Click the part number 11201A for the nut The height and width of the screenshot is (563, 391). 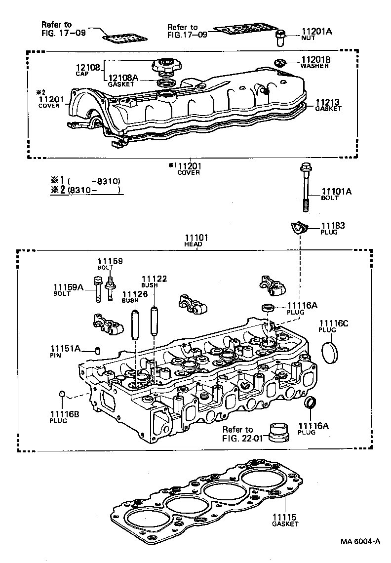click(316, 32)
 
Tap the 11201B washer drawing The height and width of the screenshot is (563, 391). click(280, 62)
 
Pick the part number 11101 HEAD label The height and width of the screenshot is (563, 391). click(196, 238)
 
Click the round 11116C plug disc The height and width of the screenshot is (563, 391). click(327, 351)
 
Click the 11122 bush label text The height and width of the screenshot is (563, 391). click(154, 280)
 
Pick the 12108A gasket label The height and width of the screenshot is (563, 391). click(123, 78)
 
